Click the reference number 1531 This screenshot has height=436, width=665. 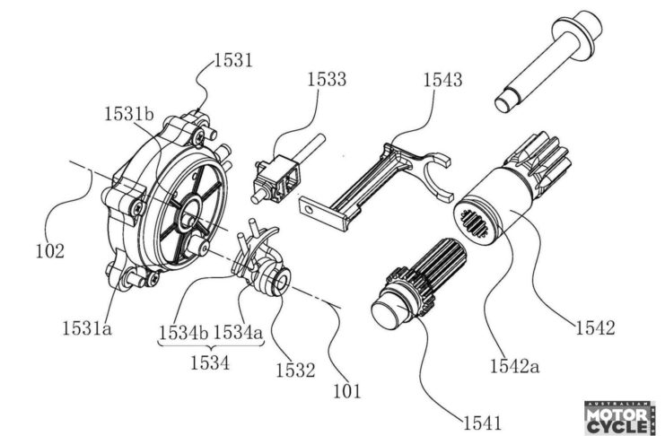[x=233, y=60]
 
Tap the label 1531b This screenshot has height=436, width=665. [x=129, y=114]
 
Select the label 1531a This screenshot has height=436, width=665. [x=87, y=327]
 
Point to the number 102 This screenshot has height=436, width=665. [x=50, y=251]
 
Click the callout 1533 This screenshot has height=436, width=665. [x=327, y=79]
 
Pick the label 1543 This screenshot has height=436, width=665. [x=442, y=79]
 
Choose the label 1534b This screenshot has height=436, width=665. [x=184, y=332]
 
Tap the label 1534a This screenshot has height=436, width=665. [x=238, y=332]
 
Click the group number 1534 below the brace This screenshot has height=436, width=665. [x=209, y=362]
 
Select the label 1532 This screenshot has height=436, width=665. [x=295, y=371]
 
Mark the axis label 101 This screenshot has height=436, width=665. [x=347, y=391]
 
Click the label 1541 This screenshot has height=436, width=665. [x=482, y=423]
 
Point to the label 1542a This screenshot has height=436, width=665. [x=515, y=366]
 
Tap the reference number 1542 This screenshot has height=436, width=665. [x=595, y=327]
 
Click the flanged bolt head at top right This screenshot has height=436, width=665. [x=578, y=31]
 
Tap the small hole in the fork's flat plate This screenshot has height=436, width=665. [x=310, y=209]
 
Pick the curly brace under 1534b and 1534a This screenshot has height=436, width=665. [x=210, y=344]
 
